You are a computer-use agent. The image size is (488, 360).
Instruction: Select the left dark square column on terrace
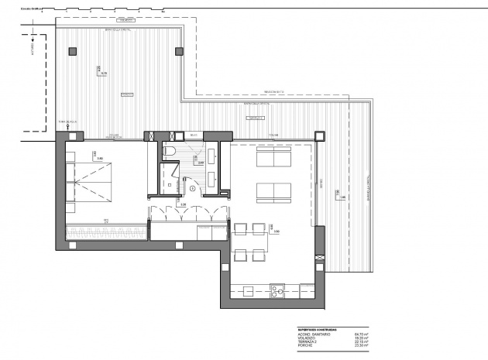click(x=72, y=52)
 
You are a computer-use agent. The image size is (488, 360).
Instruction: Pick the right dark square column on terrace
click(x=180, y=52)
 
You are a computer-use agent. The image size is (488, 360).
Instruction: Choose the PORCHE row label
click(x=305, y=345)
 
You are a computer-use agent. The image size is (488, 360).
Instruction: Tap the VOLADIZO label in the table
click(x=308, y=338)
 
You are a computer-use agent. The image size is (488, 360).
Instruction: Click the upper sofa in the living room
click(x=273, y=158)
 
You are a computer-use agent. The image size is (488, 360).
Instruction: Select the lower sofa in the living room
click(x=273, y=191)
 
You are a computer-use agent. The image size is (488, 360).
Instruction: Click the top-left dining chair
click(x=239, y=228)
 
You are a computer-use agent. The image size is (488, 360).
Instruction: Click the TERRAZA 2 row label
click(x=308, y=341)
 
